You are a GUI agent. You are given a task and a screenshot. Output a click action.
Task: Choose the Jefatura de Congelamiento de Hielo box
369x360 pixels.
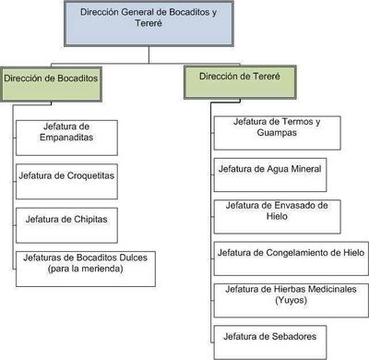point(290,252)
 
